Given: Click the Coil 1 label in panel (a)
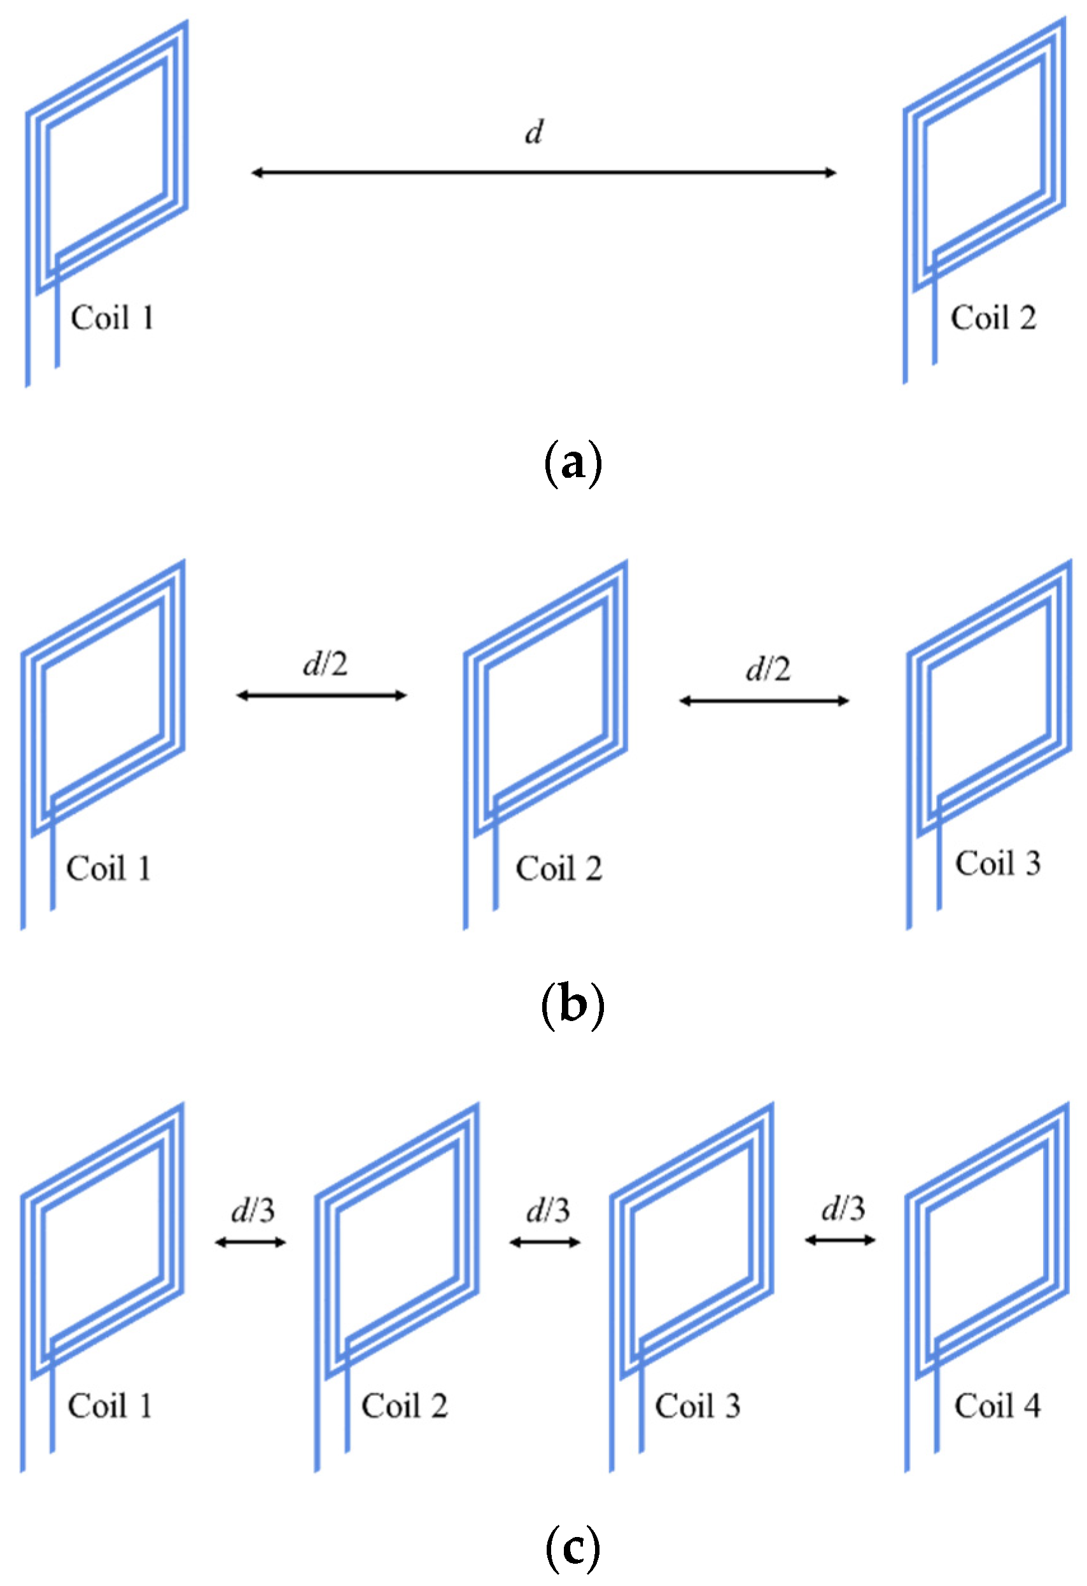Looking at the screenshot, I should pos(113,318).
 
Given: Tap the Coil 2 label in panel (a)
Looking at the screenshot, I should pos(993,318).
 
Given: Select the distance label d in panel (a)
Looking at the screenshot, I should pos(534,132).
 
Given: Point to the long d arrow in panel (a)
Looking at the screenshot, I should pos(543,172).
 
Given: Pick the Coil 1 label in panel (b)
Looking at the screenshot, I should pos(109,869).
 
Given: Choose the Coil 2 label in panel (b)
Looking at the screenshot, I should pos(559,869).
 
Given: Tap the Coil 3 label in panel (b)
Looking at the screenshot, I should pos(997,863).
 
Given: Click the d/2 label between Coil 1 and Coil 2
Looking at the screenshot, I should pos(325,664).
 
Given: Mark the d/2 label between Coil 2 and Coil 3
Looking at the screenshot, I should pos(768,669).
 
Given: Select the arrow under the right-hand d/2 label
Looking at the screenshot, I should pos(764,701).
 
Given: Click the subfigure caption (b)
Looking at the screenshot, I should pos(572,1006).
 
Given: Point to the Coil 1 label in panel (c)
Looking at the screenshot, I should pos(110,1407).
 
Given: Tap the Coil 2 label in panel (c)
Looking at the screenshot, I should pos(404,1407).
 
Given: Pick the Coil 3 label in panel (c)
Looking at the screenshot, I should pos(698,1407).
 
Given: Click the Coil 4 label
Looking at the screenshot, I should pos(997,1407).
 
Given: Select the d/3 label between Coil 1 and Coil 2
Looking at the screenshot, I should pos(253,1211).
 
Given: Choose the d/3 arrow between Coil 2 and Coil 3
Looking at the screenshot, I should pos(545,1242).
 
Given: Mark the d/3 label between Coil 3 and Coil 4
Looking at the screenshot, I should pos(843,1209).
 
